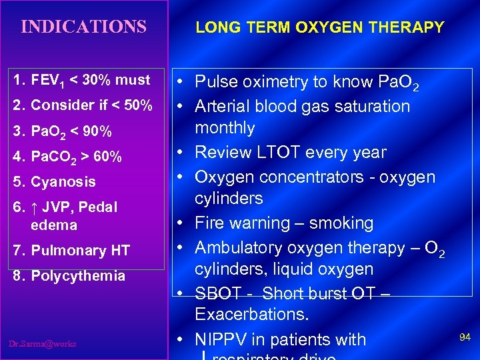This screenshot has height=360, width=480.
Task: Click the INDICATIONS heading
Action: tap(83, 27)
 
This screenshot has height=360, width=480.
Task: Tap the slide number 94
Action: tap(465, 337)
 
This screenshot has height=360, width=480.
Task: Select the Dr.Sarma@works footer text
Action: tap(43, 344)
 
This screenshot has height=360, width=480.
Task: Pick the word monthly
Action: tap(225, 128)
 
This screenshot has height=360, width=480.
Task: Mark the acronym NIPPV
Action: tap(217, 339)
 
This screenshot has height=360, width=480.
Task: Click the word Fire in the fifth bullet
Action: tap(209, 223)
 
